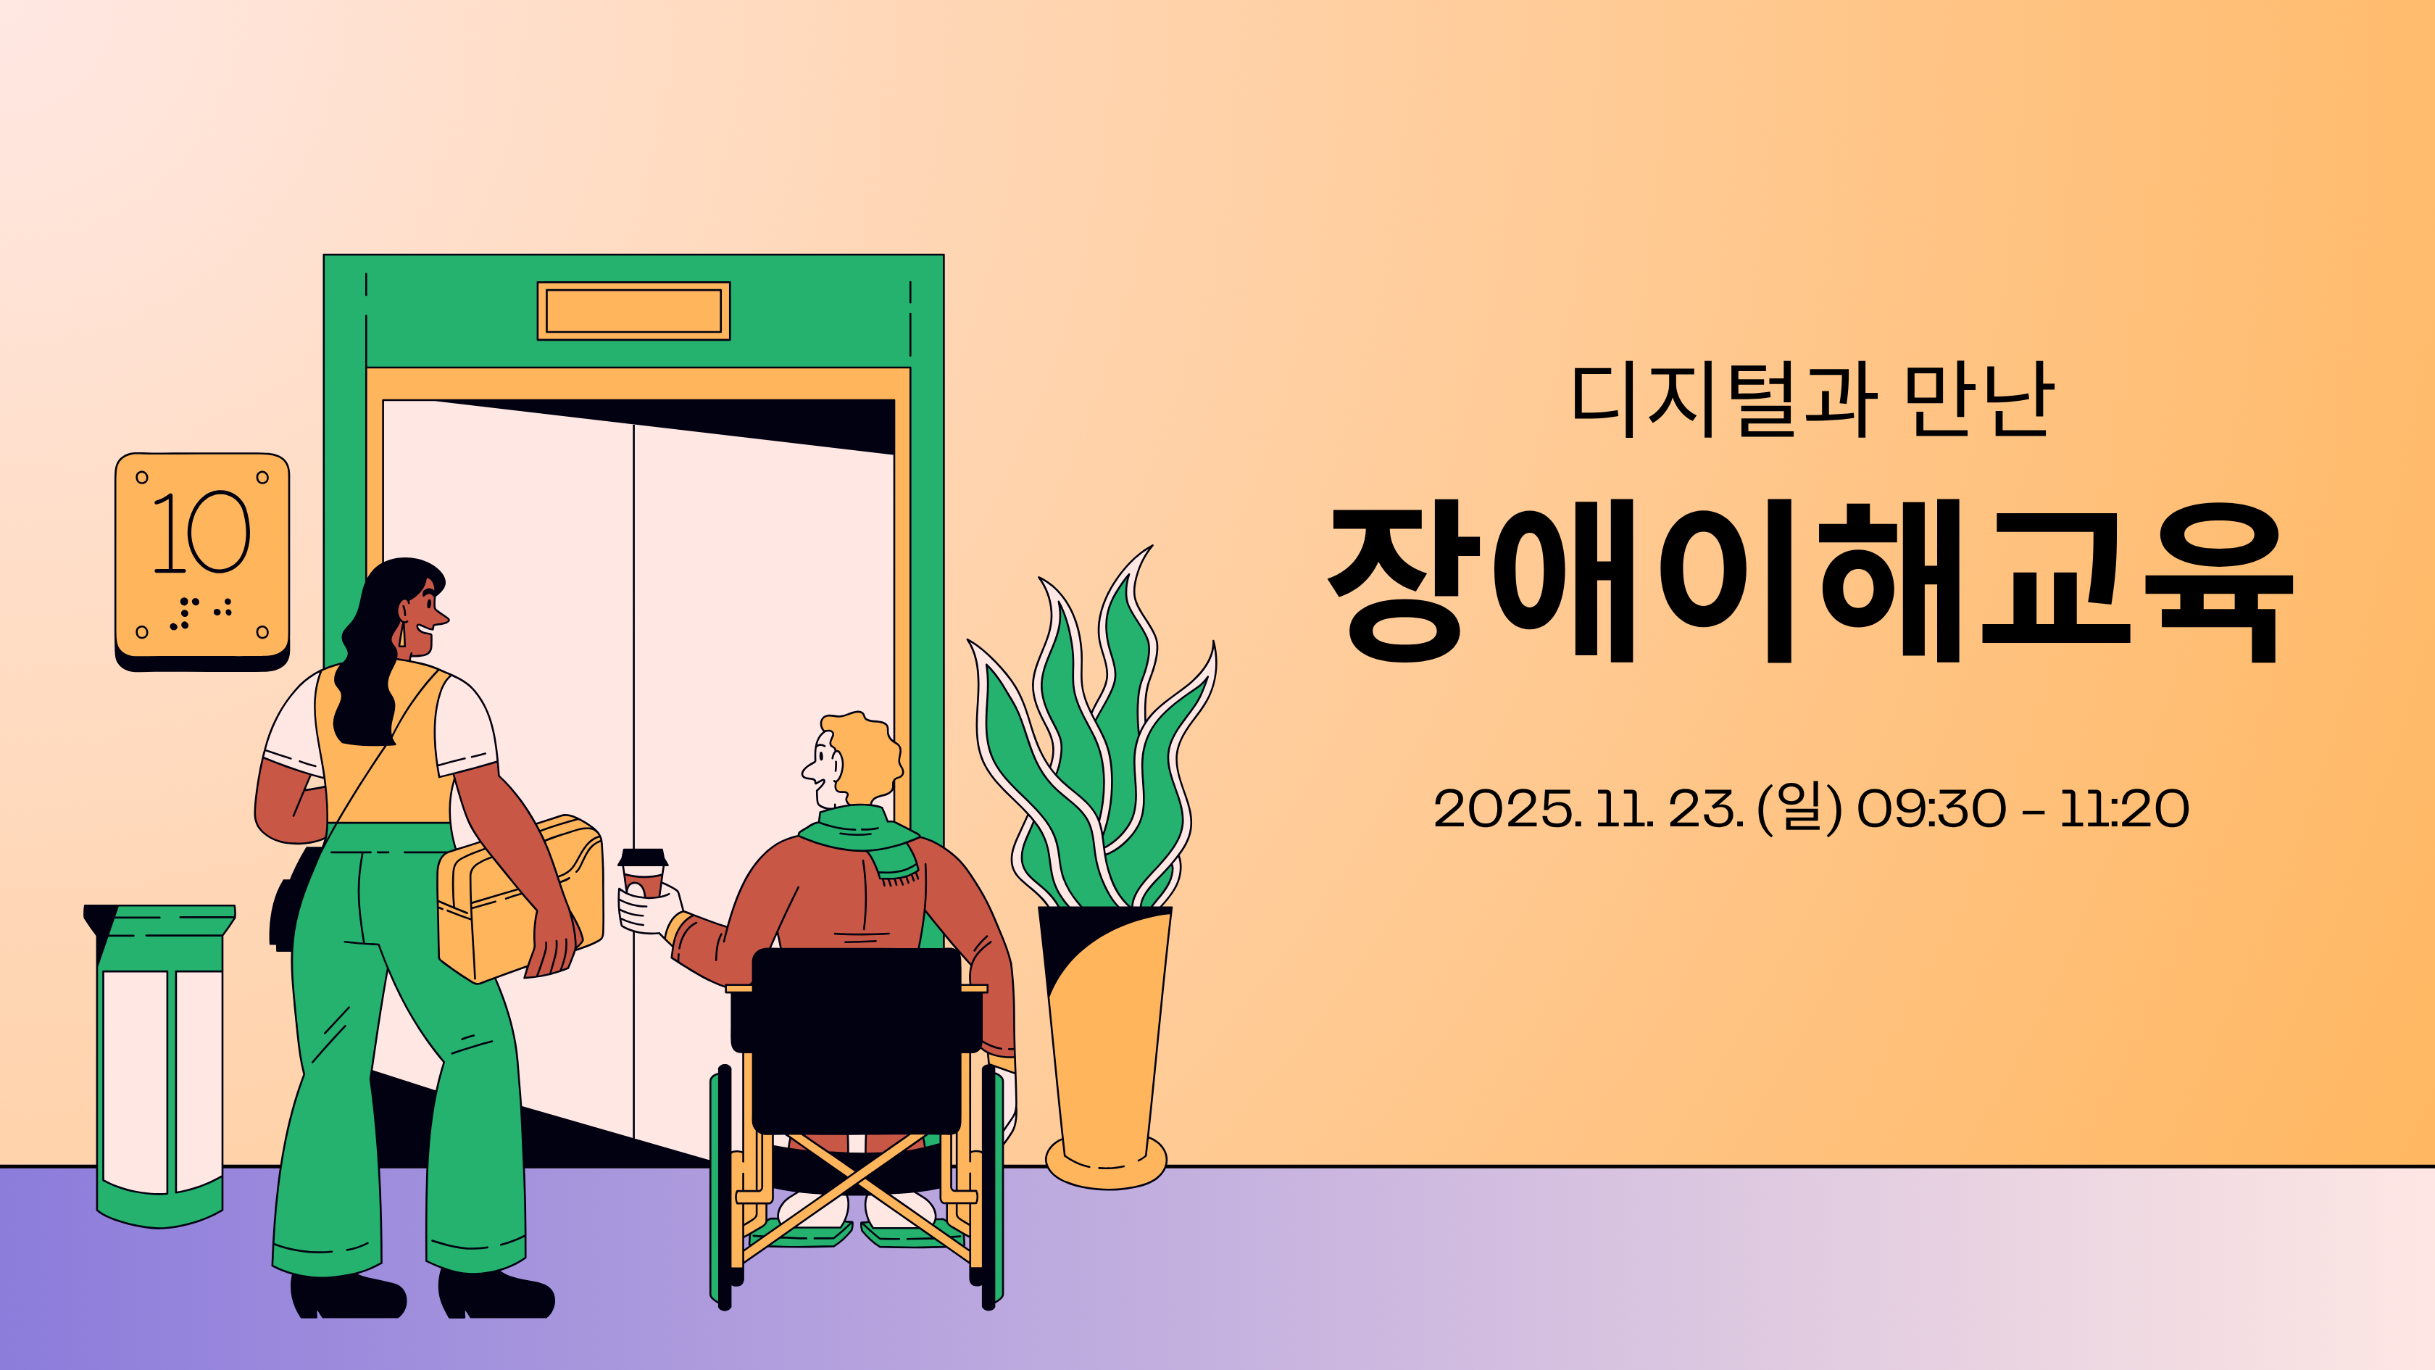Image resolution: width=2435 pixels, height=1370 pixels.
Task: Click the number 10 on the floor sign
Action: click(201, 532)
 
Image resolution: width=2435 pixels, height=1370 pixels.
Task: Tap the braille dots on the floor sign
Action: click(199, 612)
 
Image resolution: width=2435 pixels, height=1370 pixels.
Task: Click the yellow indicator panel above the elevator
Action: click(633, 310)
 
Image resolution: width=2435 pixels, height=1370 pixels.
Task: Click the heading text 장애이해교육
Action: click(1810, 581)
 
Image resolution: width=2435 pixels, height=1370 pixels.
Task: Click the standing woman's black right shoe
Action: click(496, 1295)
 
